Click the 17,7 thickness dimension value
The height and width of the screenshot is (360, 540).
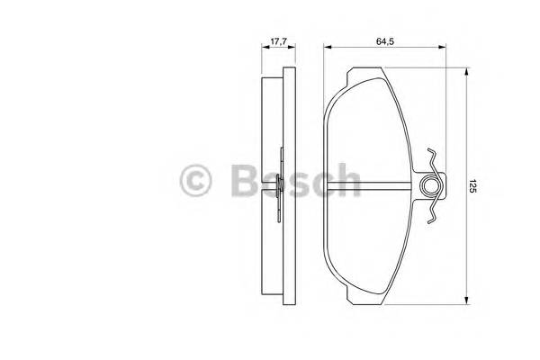[x=279, y=40]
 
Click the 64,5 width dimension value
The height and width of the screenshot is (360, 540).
[x=390, y=40]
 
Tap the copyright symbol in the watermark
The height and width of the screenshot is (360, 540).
[x=195, y=180]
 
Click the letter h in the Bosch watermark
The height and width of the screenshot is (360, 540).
[x=347, y=180]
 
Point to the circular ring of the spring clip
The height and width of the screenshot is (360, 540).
[x=431, y=187]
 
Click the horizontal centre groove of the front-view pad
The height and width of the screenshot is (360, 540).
[x=369, y=186]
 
